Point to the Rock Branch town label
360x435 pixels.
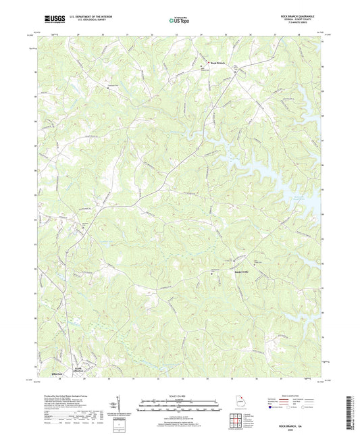pyautogui.click(x=216, y=63)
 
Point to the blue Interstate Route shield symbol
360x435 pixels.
pyautogui.click(x=272, y=408)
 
